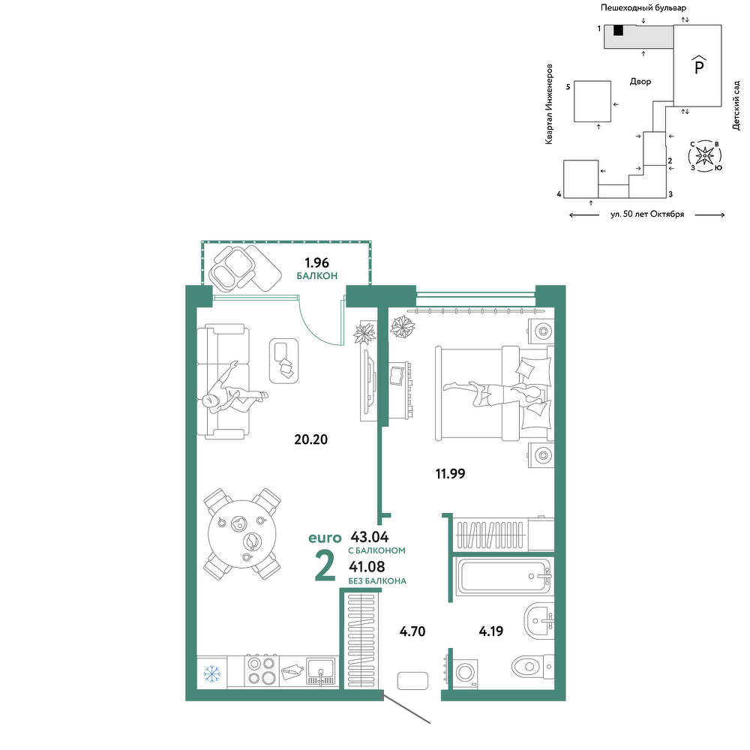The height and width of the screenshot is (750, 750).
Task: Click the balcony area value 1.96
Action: point(317,262)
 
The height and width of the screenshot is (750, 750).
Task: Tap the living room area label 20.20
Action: point(311,439)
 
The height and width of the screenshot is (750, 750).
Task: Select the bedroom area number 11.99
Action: point(450,473)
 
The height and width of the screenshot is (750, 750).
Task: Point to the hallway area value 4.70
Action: point(412,631)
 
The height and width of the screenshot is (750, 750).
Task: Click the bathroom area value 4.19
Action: point(490,631)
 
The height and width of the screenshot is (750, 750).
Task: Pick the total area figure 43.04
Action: point(370,536)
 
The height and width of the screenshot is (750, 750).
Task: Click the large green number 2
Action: point(325,567)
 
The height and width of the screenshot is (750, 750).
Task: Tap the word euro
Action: point(325,538)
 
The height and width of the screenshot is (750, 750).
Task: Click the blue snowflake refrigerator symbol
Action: point(211,673)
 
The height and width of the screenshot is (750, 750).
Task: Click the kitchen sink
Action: point(321,671)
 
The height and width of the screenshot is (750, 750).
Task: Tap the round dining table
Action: point(243,534)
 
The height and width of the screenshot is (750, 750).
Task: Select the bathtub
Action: point(504,576)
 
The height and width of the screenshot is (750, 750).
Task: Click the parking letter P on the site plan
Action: point(699,67)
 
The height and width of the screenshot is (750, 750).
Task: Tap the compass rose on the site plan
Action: point(704,155)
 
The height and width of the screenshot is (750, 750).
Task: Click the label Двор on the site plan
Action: point(640,82)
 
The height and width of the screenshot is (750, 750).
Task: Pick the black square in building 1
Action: point(619,30)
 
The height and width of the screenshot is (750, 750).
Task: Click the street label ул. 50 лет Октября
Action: point(647,214)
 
